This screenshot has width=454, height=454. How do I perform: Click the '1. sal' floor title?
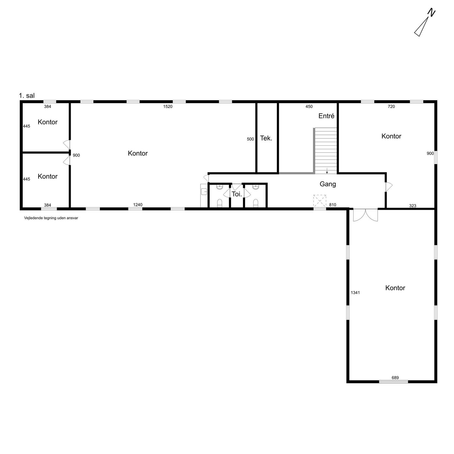pyautogui.click(x=27, y=95)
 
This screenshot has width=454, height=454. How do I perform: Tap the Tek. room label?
pyautogui.click(x=266, y=138)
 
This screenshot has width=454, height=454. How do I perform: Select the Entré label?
pyautogui.click(x=326, y=116)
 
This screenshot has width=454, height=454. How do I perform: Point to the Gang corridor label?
pyautogui.click(x=328, y=184)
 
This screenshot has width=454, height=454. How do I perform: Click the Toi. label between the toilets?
pyautogui.click(x=237, y=194)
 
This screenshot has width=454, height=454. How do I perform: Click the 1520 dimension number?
pyautogui.click(x=168, y=106)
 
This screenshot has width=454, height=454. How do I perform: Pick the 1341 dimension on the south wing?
pyautogui.click(x=355, y=293)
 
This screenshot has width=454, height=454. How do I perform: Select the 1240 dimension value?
pyautogui.click(x=138, y=205)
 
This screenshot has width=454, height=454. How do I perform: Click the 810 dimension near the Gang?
pyautogui.click(x=332, y=205)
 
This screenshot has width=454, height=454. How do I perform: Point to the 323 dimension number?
pyautogui.click(x=412, y=206)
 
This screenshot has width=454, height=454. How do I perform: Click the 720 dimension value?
pyautogui.click(x=391, y=106)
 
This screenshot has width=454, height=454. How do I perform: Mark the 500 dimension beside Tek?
pyautogui.click(x=250, y=139)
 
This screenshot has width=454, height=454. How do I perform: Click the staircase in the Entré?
pyautogui.click(x=325, y=151)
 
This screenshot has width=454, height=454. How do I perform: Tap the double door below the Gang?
pyautogui.click(x=365, y=215)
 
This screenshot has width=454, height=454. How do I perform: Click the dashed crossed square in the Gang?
pyautogui.click(x=320, y=201)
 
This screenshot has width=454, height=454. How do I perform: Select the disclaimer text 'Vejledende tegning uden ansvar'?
pyautogui.click(x=51, y=218)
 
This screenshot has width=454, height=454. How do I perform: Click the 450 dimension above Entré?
pyautogui.click(x=309, y=106)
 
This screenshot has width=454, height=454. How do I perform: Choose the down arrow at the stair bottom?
pyautogui.click(x=327, y=171)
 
